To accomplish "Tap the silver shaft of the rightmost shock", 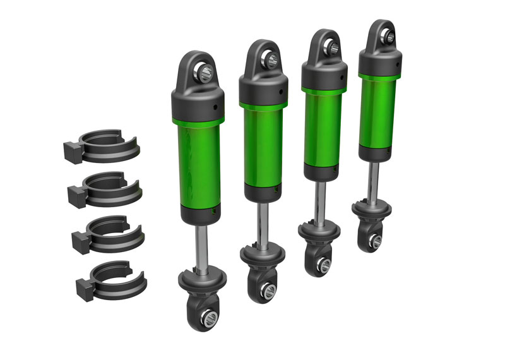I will pyautogui.click(x=376, y=180).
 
